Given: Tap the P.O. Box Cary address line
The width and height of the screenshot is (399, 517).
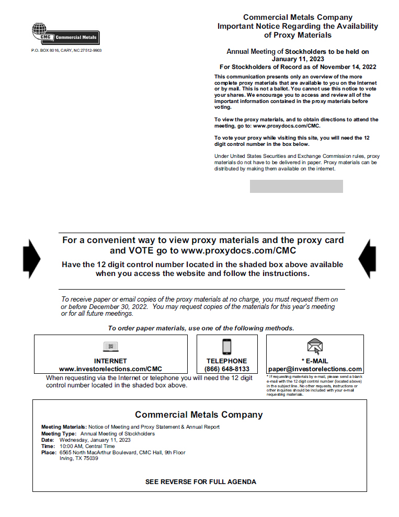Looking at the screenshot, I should click(x=66, y=50).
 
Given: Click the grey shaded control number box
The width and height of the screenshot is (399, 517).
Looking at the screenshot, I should click(x=296, y=187).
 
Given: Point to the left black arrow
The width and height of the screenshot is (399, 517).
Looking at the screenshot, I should click(x=31, y=259).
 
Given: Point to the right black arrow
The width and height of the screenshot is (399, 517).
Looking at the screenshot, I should click(x=367, y=259).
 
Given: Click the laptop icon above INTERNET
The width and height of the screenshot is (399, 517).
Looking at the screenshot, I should click(x=110, y=347).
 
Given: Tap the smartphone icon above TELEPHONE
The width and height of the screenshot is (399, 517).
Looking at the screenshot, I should click(x=227, y=347).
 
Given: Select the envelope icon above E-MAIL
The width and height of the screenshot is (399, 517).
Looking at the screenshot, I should click(x=315, y=347).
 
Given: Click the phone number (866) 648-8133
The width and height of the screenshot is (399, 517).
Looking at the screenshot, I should click(x=227, y=369).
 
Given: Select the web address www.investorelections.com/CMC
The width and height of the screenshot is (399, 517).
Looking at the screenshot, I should click(x=110, y=369).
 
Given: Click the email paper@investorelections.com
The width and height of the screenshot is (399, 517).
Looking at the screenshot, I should click(x=315, y=369).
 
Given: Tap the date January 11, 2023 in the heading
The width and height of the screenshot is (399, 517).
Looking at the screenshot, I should click(x=298, y=59).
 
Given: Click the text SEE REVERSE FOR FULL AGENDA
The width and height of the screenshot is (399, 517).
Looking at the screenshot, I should click(x=200, y=481).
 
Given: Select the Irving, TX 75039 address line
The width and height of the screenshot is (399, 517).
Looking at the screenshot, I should click(x=79, y=458).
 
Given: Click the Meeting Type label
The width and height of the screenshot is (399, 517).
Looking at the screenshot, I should click(x=59, y=434).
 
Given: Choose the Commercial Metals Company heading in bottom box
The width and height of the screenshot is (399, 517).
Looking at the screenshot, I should click(x=199, y=415).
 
